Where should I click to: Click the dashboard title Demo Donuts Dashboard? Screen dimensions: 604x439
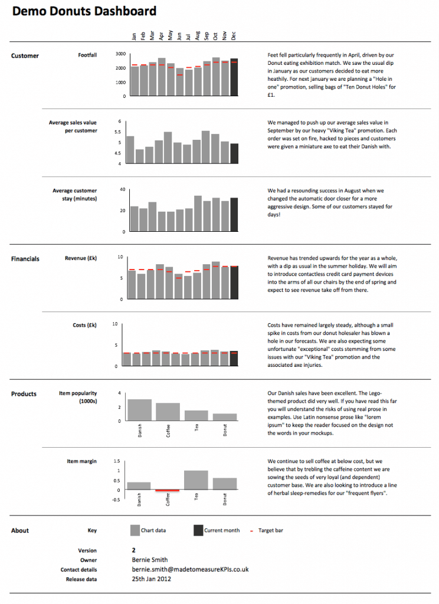pyautogui.click(x=84, y=11)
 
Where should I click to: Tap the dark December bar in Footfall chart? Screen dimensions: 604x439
pyautogui.click(x=234, y=77)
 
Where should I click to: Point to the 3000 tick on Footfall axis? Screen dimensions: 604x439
pyautogui.click(x=120, y=54)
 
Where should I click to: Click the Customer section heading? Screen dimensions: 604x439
pyautogui.click(x=25, y=56)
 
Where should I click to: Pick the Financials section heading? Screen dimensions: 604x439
pyautogui.click(x=25, y=259)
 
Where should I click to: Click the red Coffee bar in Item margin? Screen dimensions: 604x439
pyautogui.click(x=168, y=490)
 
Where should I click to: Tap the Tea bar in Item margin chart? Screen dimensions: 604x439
pyautogui.click(x=196, y=480)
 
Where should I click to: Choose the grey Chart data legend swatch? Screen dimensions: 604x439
pyautogui.click(x=135, y=530)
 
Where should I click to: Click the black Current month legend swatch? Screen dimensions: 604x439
pyautogui.click(x=198, y=530)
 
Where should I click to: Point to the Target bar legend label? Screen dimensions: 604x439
pyautogui.click(x=270, y=531)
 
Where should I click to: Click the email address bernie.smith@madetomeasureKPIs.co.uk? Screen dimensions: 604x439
pyautogui.click(x=190, y=570)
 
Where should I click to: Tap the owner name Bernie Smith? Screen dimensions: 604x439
pyautogui.click(x=149, y=560)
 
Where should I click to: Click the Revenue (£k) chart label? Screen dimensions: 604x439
pyautogui.click(x=81, y=258)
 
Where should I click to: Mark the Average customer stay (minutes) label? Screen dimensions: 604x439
pyautogui.click(x=74, y=195)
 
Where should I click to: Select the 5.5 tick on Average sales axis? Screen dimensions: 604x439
pyautogui.click(x=119, y=132)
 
